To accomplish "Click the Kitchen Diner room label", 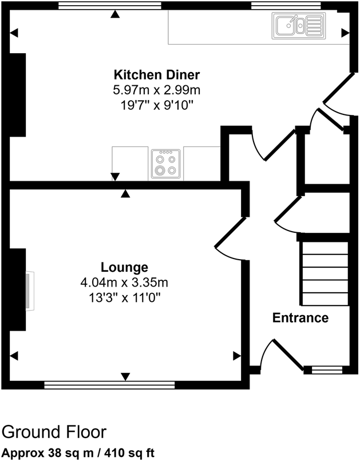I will coord(156,75).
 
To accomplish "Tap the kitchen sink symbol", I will coord(298,25).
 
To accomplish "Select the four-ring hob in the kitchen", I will coord(166,164).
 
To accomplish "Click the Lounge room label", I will coord(125,267).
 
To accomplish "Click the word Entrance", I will coord(300,318).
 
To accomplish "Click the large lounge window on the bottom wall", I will coord(109,385).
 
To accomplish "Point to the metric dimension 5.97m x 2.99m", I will coord(156,90).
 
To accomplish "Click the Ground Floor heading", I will coord(54,432).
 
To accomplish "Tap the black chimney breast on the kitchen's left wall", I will coord(17,94).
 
